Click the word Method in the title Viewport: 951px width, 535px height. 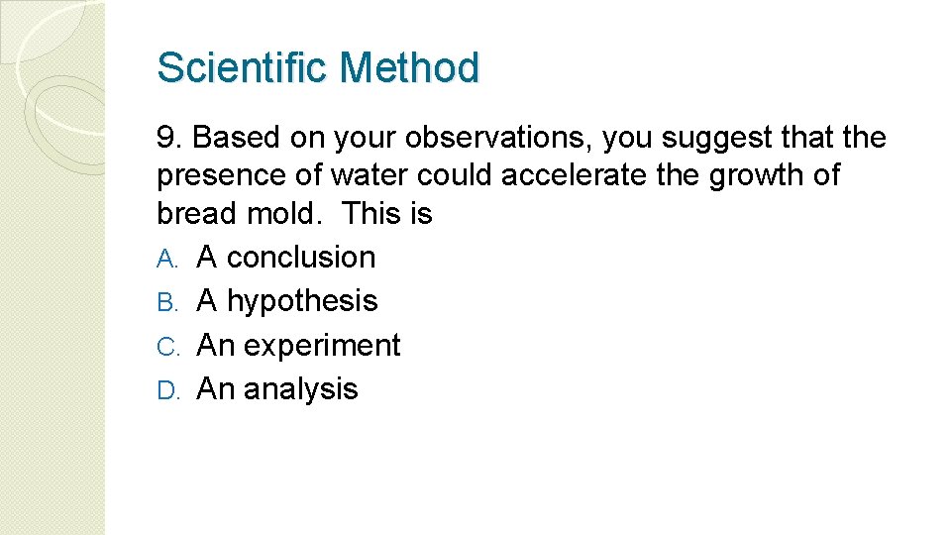[409, 68]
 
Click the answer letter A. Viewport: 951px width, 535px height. [166, 259]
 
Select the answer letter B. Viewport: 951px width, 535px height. [166, 302]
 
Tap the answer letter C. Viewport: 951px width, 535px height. [166, 346]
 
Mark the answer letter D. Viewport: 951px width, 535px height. [166, 389]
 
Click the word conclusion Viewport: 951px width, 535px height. [301, 258]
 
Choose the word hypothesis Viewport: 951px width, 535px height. [302, 302]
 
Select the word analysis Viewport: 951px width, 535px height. [301, 389]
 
